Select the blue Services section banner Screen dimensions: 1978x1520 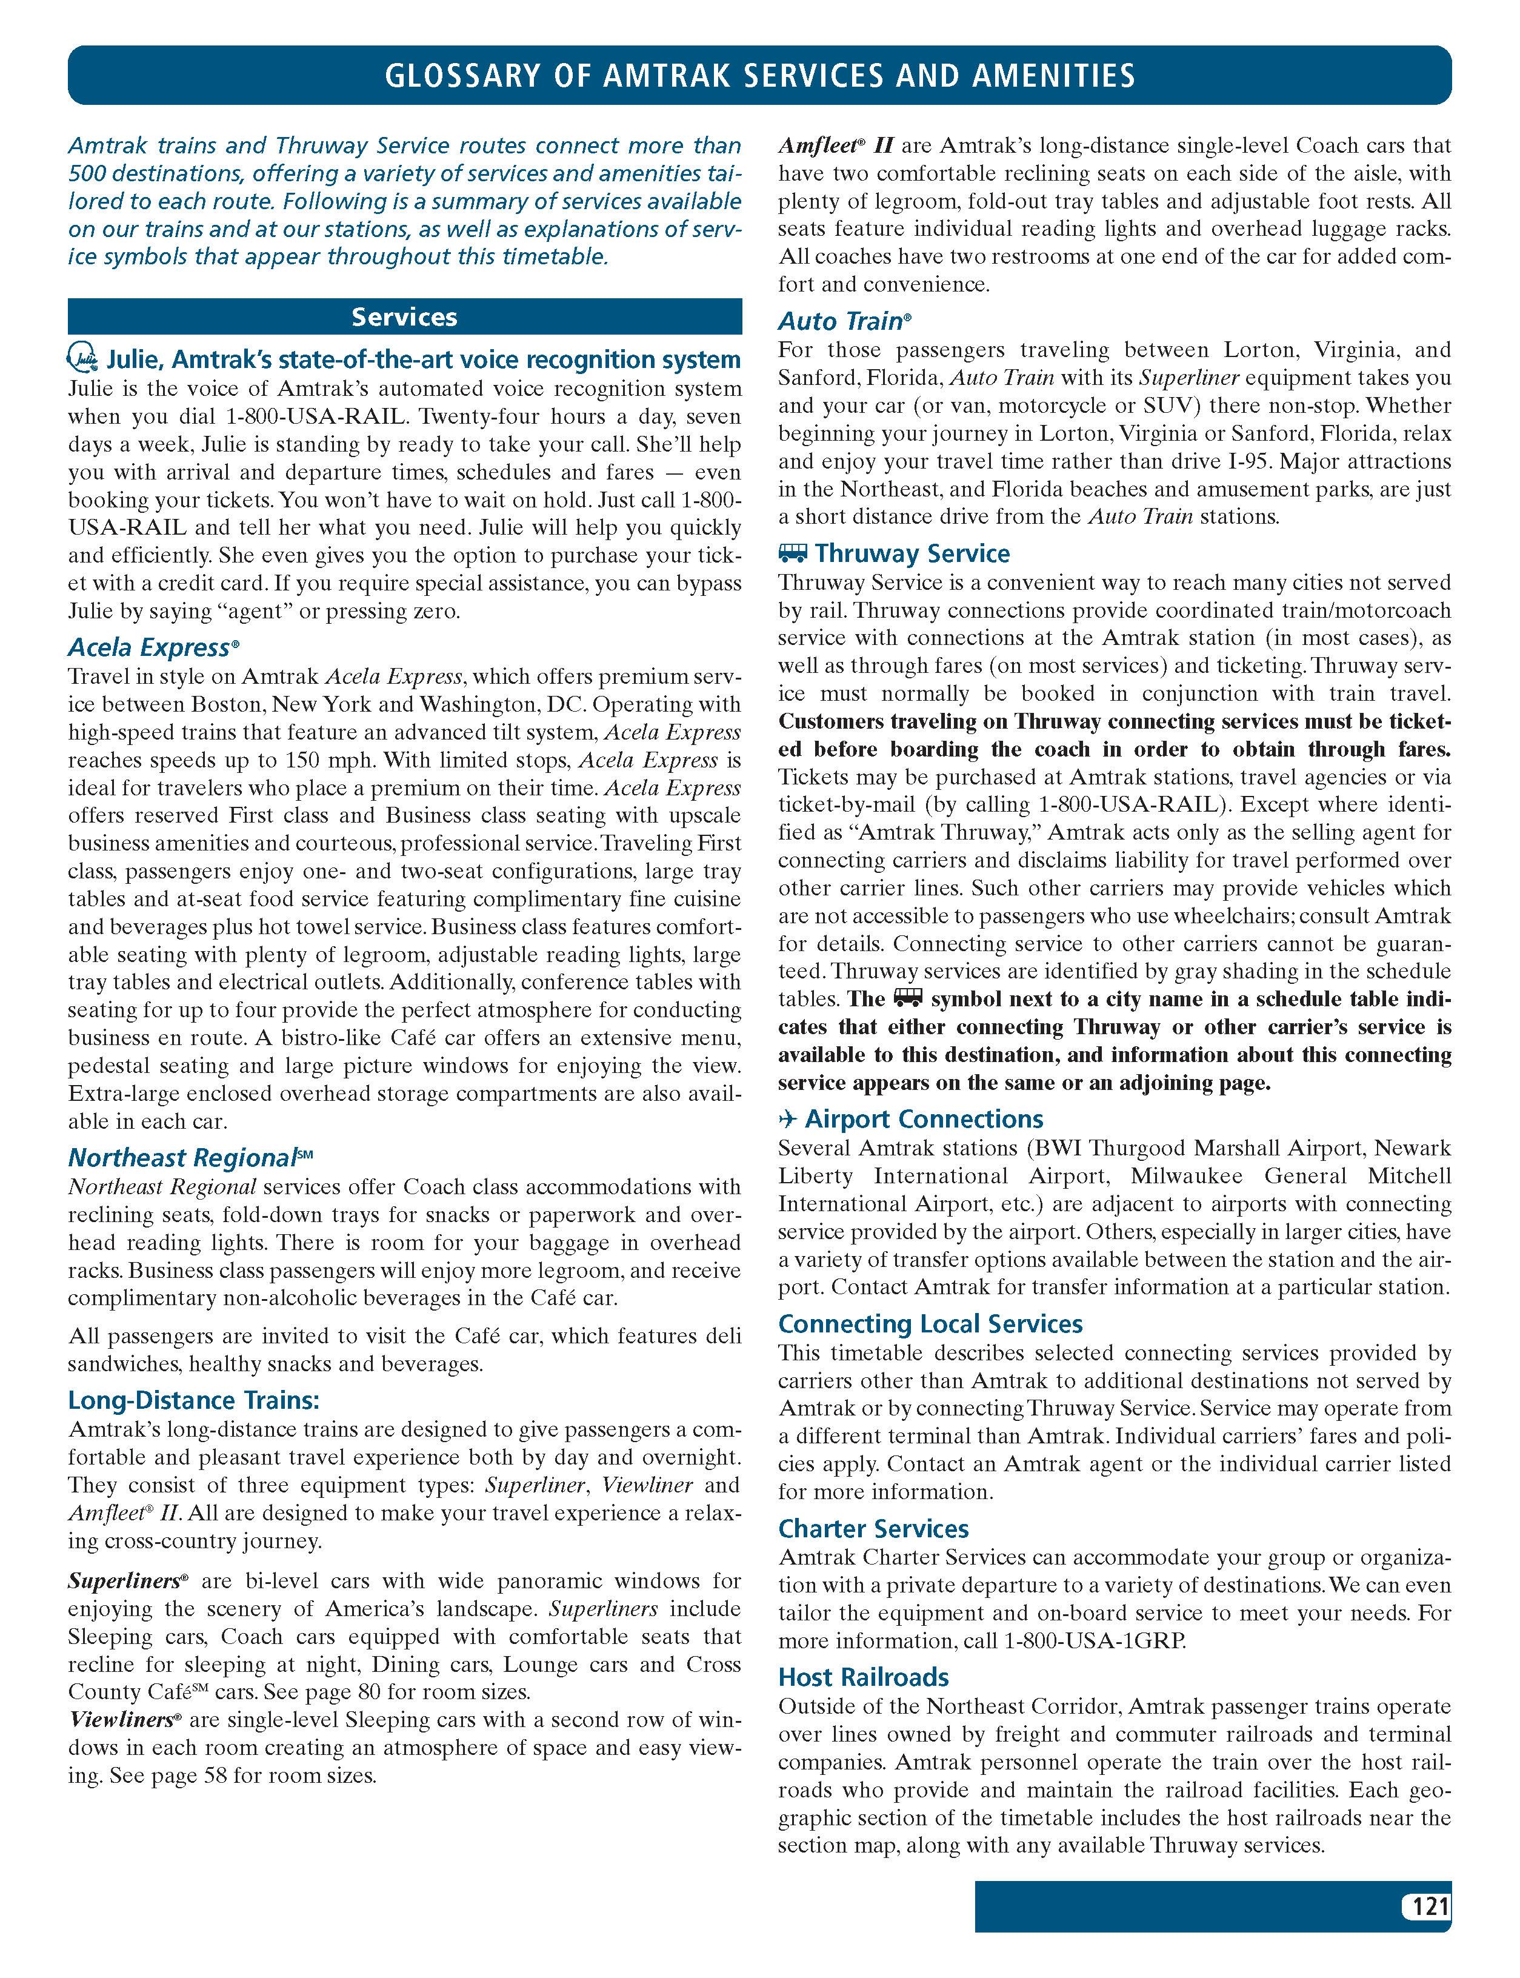click(x=404, y=316)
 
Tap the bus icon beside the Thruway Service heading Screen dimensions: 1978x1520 click(x=793, y=553)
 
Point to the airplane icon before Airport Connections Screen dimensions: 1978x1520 click(x=787, y=1119)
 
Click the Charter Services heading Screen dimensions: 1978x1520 click(x=873, y=1528)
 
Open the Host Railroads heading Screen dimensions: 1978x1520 click(x=863, y=1677)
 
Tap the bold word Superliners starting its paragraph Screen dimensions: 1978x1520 click(x=124, y=1581)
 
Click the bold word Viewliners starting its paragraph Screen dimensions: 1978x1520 click(x=121, y=1719)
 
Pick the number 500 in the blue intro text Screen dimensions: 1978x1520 click(x=85, y=174)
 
